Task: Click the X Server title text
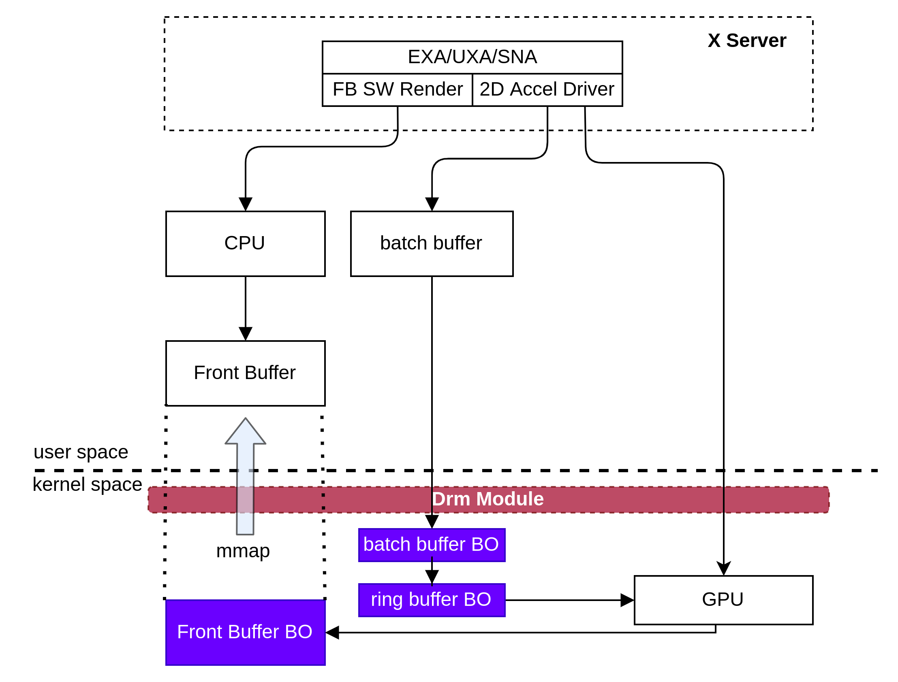tap(746, 40)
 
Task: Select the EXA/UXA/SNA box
tap(472, 57)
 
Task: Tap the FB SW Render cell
tap(397, 90)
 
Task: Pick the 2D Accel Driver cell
tap(547, 90)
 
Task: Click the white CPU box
tap(245, 243)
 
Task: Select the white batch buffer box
tap(431, 243)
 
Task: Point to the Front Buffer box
tap(245, 373)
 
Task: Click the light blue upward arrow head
tap(245, 433)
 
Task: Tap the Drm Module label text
tap(487, 499)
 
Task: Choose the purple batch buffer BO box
tap(431, 545)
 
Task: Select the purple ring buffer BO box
tap(431, 600)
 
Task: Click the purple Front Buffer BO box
tap(245, 632)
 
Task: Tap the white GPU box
tap(723, 600)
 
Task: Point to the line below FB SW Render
tap(398, 118)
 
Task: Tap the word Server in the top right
tap(756, 40)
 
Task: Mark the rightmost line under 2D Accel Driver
tap(585, 118)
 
